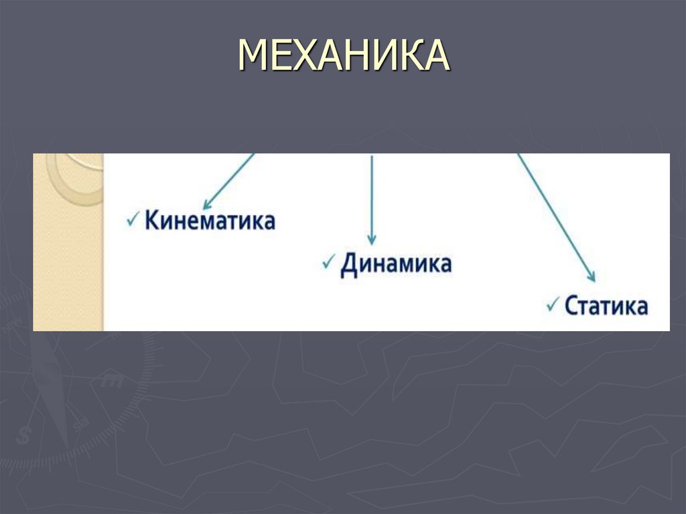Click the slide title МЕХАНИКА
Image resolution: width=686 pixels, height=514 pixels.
point(343,55)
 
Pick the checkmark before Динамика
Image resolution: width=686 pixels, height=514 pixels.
point(328,261)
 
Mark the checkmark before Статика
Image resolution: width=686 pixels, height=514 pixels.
point(553,304)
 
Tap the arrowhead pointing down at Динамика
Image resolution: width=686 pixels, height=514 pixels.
point(372,240)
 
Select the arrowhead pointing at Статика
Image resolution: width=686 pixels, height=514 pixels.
point(590,275)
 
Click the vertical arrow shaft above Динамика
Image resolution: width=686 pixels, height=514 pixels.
point(372,194)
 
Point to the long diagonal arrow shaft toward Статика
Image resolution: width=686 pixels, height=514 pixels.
point(553,214)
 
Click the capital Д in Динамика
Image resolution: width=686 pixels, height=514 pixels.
point(348,263)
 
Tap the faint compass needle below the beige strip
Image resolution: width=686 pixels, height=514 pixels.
point(54,389)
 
